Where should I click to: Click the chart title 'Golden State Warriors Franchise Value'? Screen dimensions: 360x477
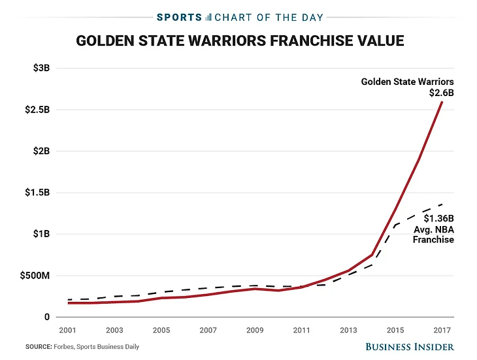[240, 41]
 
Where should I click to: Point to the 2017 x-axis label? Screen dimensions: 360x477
[442, 330]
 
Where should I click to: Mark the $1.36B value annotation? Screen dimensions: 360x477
[438, 218]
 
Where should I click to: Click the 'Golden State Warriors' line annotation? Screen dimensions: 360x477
[408, 82]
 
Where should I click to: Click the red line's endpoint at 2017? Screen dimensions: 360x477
[442, 102]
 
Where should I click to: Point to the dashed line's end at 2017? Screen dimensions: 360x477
[442, 204]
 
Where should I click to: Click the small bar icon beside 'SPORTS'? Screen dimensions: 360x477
[208, 16]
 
